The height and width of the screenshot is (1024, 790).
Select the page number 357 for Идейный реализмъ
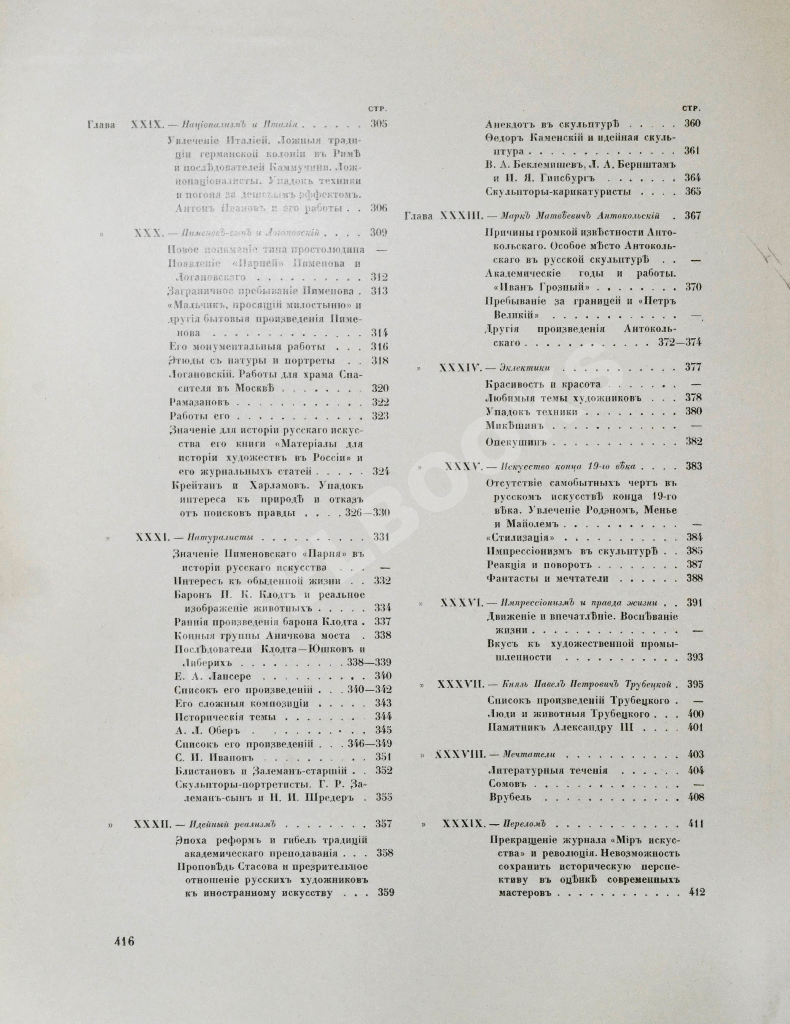click(x=384, y=823)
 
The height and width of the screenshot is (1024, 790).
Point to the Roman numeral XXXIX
click(x=460, y=824)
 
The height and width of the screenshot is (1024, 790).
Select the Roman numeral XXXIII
click(x=461, y=216)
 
